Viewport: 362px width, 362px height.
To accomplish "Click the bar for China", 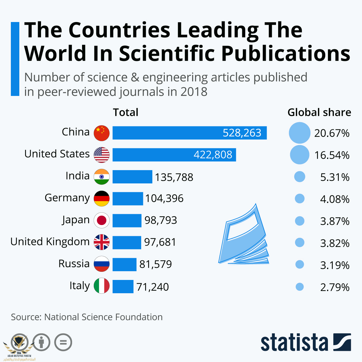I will [189, 133].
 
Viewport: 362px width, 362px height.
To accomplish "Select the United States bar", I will [174, 155].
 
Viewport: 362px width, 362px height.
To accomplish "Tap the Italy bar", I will [123, 286].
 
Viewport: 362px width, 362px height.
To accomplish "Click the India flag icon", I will [102, 177].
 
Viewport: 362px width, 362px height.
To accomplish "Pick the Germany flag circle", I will [102, 198].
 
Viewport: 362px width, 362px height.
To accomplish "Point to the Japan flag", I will [102, 220].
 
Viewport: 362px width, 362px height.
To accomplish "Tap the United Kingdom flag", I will [102, 242].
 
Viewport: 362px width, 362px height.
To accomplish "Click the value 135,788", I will [174, 177].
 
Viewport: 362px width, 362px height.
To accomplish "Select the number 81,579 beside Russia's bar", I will [155, 264].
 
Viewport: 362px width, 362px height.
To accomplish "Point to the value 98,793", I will [160, 220].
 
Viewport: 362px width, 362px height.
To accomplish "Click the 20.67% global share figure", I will [332, 133].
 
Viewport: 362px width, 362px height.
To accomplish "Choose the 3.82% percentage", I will [335, 243].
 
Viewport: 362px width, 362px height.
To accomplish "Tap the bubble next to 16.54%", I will [300, 155].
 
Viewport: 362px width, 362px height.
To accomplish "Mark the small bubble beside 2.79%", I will [300, 287].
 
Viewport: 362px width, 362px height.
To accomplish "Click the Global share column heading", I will [319, 112].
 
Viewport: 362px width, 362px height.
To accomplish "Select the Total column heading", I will [125, 112].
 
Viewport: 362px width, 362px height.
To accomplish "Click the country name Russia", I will [74, 264].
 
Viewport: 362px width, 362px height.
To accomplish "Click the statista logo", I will [306, 342].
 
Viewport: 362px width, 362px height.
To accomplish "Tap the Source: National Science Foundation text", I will [87, 317].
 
